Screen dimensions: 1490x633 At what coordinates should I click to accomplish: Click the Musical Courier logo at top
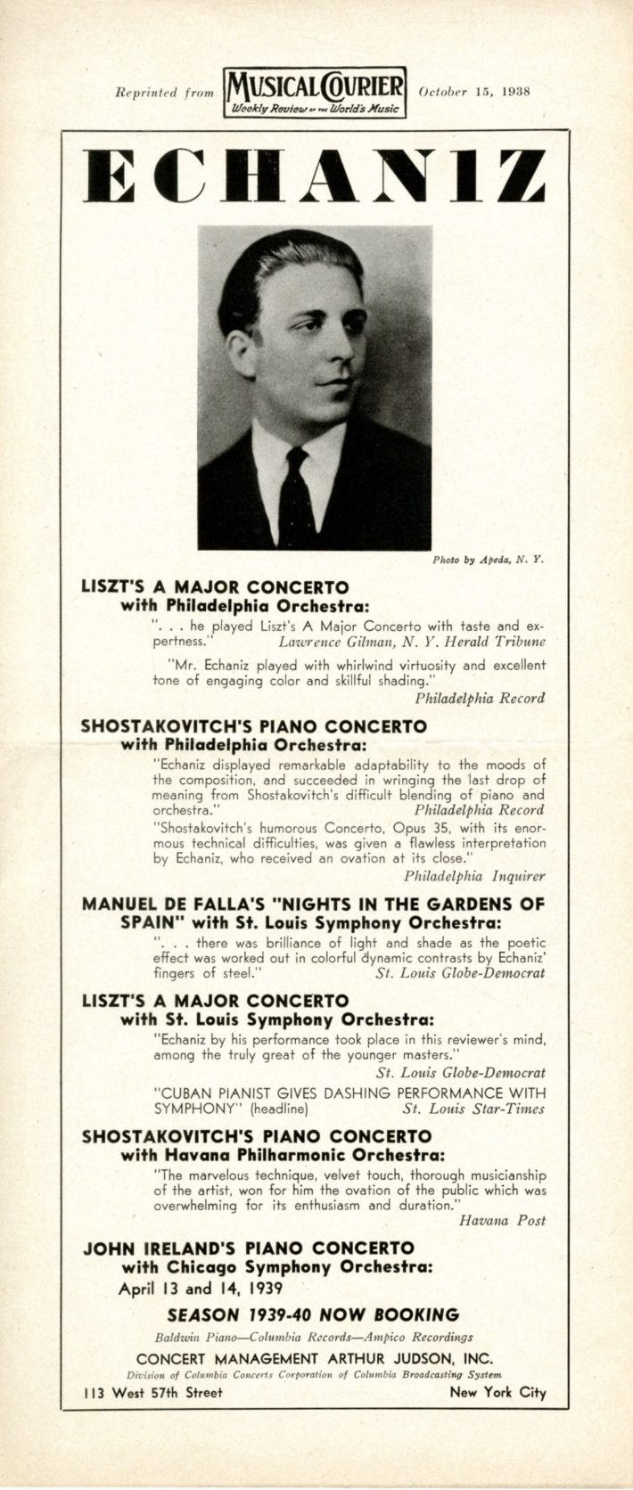point(316,91)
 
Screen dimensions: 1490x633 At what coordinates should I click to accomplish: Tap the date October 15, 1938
point(473,91)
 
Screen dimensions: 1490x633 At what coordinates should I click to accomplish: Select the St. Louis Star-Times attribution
point(473,1109)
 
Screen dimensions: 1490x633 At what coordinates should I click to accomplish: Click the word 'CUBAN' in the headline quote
point(182,1093)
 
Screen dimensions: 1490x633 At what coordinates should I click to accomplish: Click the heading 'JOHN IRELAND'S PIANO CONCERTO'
point(249,1248)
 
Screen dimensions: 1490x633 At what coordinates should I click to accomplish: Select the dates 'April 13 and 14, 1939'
point(203,1288)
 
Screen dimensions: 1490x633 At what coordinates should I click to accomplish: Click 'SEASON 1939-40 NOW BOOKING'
point(313,1314)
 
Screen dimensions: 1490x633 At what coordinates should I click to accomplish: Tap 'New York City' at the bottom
point(497,1393)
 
